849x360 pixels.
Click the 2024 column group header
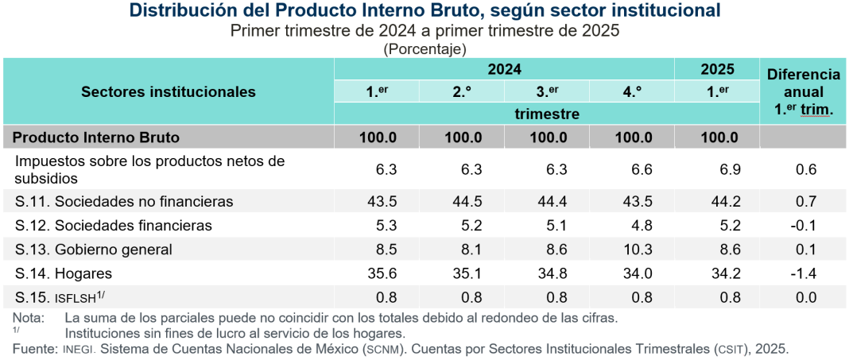[504, 69]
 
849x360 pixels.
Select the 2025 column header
[717, 69]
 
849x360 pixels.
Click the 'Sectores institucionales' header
[169, 91]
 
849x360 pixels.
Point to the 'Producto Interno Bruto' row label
[96, 137]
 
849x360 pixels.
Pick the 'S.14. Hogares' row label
[63, 273]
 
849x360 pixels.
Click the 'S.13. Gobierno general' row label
[93, 250]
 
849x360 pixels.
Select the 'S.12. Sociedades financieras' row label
[112, 226]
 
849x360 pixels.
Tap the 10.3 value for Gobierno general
[634, 250]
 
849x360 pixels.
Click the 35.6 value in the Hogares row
[378, 273]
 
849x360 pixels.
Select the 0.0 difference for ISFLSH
[805, 297]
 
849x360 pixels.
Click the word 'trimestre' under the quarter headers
[546, 114]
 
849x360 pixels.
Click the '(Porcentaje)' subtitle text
[424, 48]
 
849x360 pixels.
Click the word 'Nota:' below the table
[28, 317]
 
